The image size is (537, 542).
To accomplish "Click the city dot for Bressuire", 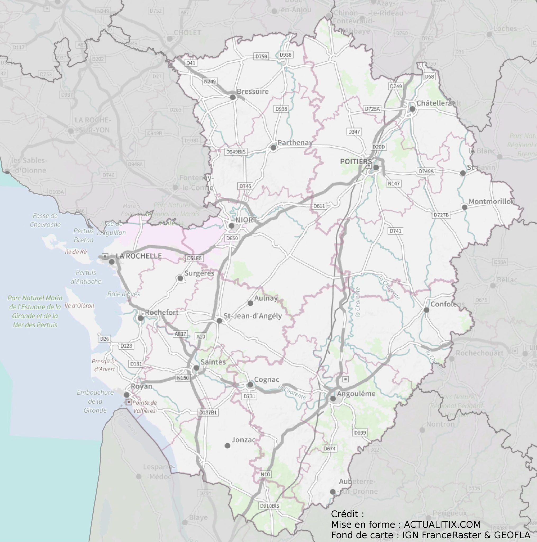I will pyautogui.click(x=233, y=97).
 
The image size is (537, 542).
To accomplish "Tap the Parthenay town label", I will pyautogui.click(x=295, y=143).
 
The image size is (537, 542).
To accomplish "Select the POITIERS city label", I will pyautogui.click(x=356, y=162).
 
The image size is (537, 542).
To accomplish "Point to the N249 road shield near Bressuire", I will pyautogui.click(x=210, y=82).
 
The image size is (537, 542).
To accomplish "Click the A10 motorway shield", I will pyautogui.click(x=201, y=337).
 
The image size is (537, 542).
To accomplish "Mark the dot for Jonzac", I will pyautogui.click(x=227, y=445).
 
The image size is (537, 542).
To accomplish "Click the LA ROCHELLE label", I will pyautogui.click(x=139, y=256).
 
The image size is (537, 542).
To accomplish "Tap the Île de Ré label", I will pyautogui.click(x=76, y=252).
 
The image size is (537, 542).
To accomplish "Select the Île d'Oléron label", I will pyautogui.click(x=80, y=305).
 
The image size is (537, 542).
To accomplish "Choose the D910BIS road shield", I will pyautogui.click(x=270, y=506).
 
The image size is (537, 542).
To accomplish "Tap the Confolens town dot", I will pyautogui.click(x=426, y=310).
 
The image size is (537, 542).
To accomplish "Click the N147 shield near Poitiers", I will pyautogui.click(x=394, y=183).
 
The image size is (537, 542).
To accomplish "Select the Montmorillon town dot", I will pyautogui.click(x=464, y=207).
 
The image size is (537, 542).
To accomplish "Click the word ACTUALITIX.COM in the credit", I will pyautogui.click(x=442, y=524).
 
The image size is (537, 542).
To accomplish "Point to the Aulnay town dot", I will pyautogui.click(x=250, y=303).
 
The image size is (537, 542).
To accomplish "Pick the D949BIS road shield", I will pyautogui.click(x=236, y=152).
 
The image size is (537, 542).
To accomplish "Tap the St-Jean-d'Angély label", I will pyautogui.click(x=252, y=316).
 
